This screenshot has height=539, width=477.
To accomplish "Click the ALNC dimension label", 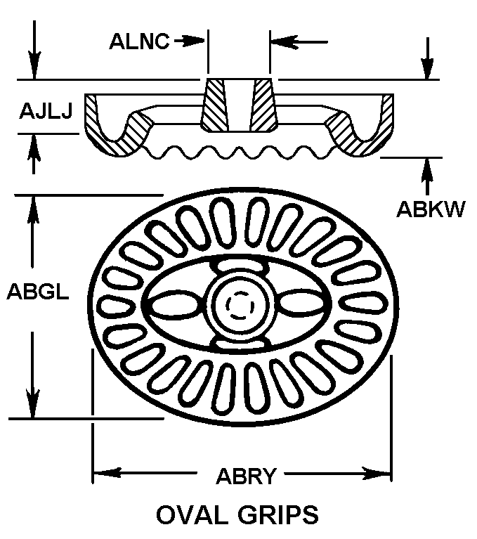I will coord(138,41).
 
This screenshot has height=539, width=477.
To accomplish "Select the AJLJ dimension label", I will coord(46,112).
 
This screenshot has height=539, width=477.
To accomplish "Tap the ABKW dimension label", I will coord(431,209).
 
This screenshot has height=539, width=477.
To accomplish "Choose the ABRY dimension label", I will coord(245,476).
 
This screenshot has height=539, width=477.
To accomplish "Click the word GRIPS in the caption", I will coord(277,514).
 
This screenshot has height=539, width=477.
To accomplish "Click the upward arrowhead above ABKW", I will coord(426,166).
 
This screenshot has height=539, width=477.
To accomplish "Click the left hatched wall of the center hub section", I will coord(214,105).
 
